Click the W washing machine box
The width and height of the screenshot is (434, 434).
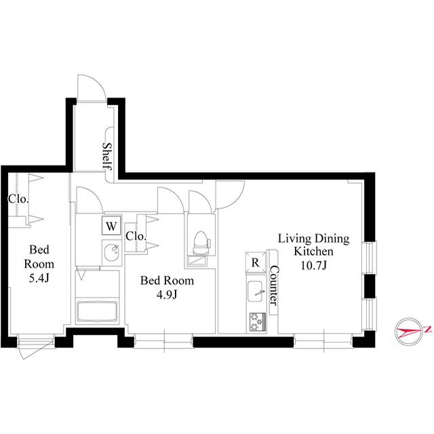[x=111, y=225]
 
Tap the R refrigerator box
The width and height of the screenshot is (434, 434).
[x=256, y=262]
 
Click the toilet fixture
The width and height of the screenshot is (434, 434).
[x=200, y=243]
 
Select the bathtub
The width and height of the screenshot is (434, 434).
[x=97, y=311]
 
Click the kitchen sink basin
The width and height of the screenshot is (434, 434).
[x=255, y=292]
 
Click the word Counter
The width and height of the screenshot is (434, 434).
[x=274, y=285]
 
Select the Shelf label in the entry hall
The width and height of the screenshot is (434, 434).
[x=107, y=157]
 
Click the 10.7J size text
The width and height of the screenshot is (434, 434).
[x=313, y=265]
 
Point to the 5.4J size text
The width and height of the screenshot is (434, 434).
[x=39, y=278]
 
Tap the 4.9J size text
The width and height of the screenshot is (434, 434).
[x=167, y=294]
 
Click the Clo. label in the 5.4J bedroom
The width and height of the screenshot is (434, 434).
[x=18, y=199]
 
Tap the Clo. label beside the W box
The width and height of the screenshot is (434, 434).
[x=136, y=236]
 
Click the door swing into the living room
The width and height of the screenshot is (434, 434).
[x=238, y=199]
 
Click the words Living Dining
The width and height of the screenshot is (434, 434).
[x=313, y=239]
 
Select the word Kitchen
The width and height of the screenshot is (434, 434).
[x=313, y=252]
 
